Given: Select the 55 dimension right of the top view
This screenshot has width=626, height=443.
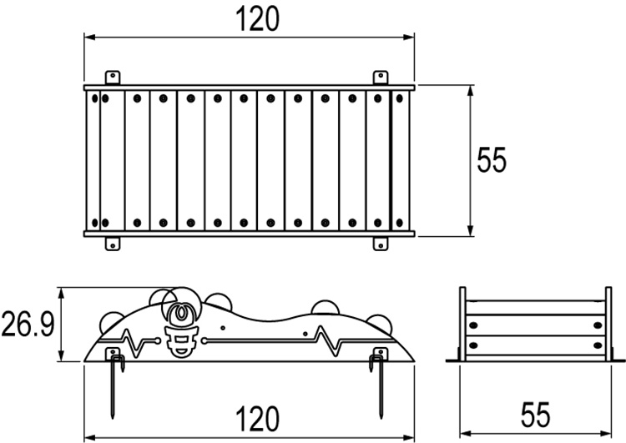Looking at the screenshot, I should [x=492, y=159].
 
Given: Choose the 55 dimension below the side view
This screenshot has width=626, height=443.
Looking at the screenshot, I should [x=537, y=415].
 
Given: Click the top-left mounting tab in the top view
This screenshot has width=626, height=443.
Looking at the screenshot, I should [x=113, y=77].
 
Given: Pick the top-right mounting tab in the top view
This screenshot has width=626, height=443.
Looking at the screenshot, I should [x=381, y=77].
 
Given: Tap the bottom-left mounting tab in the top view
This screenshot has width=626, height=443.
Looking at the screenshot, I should [x=113, y=243].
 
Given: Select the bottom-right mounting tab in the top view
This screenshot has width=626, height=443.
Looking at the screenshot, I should [x=381, y=243].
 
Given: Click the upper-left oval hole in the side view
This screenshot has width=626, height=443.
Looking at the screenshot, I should [x=472, y=325].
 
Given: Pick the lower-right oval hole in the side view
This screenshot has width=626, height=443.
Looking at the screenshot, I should [x=596, y=344].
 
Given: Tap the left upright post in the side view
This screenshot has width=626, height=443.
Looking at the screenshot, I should [x=463, y=321].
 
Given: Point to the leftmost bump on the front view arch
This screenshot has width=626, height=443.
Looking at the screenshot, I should [x=112, y=317].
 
